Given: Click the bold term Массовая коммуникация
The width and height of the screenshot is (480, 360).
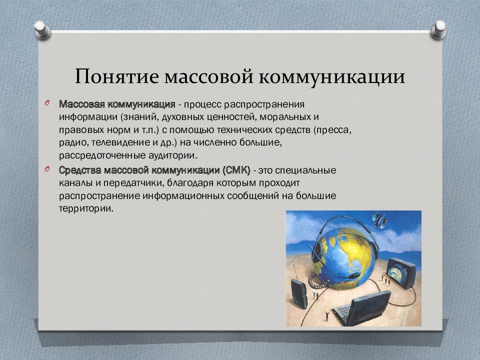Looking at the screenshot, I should [117, 105].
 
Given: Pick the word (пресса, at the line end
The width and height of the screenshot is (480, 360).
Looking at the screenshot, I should [333, 130].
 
